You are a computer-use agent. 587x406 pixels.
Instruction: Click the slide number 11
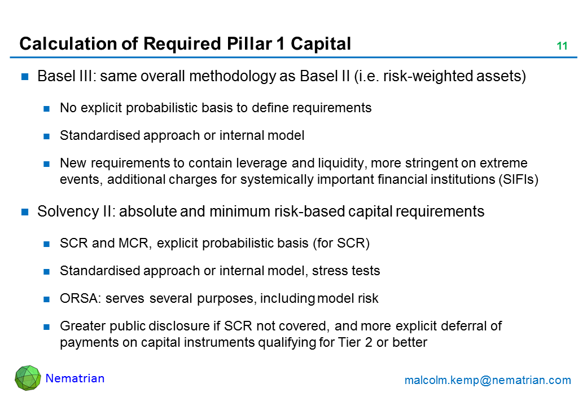point(562,46)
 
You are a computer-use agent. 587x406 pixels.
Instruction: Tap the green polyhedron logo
point(28,378)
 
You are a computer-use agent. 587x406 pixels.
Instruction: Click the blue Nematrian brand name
point(75,378)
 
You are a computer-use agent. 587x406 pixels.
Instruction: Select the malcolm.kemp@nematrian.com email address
point(488,380)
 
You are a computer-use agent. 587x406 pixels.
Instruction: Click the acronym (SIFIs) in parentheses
point(518,179)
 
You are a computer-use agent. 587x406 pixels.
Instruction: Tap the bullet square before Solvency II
point(25,212)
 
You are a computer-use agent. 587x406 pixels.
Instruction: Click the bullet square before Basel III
point(25,77)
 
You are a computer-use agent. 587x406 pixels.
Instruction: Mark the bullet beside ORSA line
point(46,299)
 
